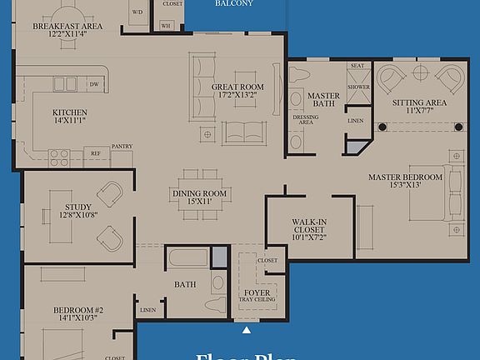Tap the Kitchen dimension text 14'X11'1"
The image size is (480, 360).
click(69, 122)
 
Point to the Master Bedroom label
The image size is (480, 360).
click(402, 177)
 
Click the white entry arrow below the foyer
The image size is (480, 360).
click(246, 331)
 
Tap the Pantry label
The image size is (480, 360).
click(122, 146)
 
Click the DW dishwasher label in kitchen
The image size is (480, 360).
click(94, 84)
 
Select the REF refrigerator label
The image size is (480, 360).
click(96, 153)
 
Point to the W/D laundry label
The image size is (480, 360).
click(137, 12)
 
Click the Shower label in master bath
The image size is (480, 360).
click(358, 86)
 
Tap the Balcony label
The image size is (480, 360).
click(234, 3)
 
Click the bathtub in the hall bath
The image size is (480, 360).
click(188, 257)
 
